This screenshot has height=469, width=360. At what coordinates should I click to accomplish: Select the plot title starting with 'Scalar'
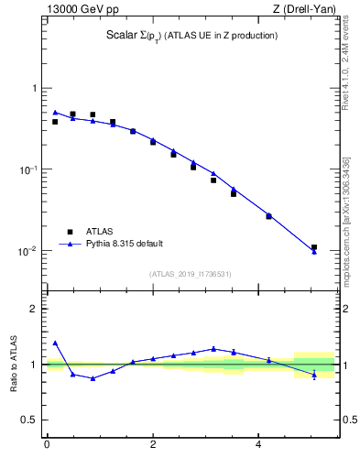click(x=191, y=36)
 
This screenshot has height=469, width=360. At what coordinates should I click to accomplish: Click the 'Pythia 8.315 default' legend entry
click(x=124, y=244)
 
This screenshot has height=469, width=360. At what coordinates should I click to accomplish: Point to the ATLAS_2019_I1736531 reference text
click(x=191, y=274)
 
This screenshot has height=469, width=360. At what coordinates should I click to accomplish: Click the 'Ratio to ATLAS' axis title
click(x=14, y=364)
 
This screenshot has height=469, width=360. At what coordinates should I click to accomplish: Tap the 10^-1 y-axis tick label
click(x=27, y=170)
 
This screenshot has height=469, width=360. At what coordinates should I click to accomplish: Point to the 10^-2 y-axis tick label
click(x=27, y=252)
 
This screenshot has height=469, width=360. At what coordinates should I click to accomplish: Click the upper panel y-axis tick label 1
click(x=34, y=89)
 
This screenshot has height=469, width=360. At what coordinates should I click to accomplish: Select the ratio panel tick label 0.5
click(x=28, y=420)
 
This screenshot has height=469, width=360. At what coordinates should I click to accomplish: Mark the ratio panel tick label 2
click(x=34, y=309)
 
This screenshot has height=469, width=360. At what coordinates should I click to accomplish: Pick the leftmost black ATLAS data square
click(x=55, y=122)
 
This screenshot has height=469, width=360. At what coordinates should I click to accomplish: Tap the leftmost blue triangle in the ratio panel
click(x=55, y=343)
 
